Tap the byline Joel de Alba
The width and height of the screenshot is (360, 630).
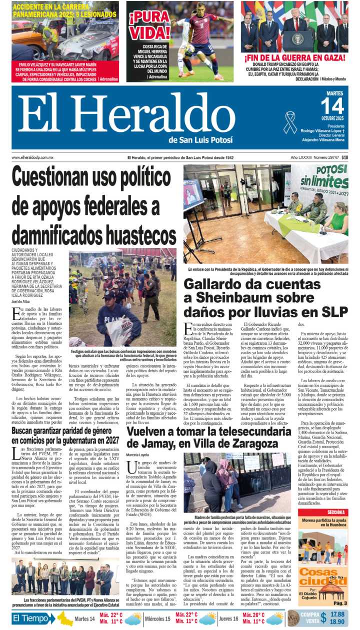(x=20, y=301)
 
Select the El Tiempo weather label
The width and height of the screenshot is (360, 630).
(x=34, y=619)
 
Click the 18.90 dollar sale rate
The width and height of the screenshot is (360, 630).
(x=337, y=622)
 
